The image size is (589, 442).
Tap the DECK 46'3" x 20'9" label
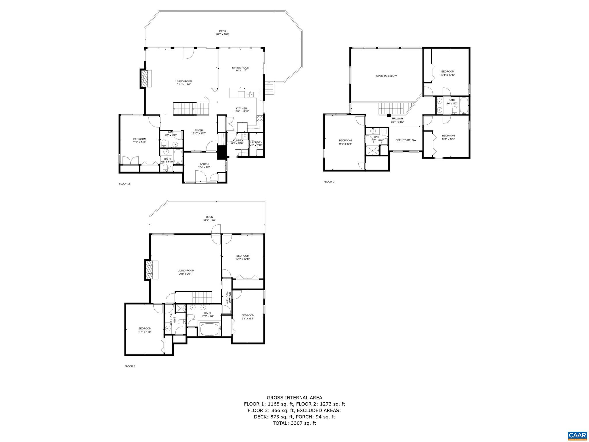(222, 33)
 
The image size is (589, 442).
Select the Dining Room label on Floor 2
(241, 69)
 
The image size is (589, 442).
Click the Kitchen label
(241, 110)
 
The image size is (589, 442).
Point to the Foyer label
(198, 132)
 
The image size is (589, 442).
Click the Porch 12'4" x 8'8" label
(204, 166)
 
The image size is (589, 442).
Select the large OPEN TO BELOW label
(386, 76)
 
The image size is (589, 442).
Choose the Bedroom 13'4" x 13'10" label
(448, 73)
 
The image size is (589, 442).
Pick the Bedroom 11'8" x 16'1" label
(345, 142)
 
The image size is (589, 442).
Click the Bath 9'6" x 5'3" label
(452, 102)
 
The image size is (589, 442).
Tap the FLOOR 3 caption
(329, 182)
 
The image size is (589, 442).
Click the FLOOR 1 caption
(130, 366)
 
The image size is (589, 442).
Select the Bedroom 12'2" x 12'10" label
(243, 257)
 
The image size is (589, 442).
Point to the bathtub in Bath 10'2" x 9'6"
(209, 329)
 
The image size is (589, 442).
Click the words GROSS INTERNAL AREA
(294, 398)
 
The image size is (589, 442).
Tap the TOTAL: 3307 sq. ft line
(294, 423)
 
